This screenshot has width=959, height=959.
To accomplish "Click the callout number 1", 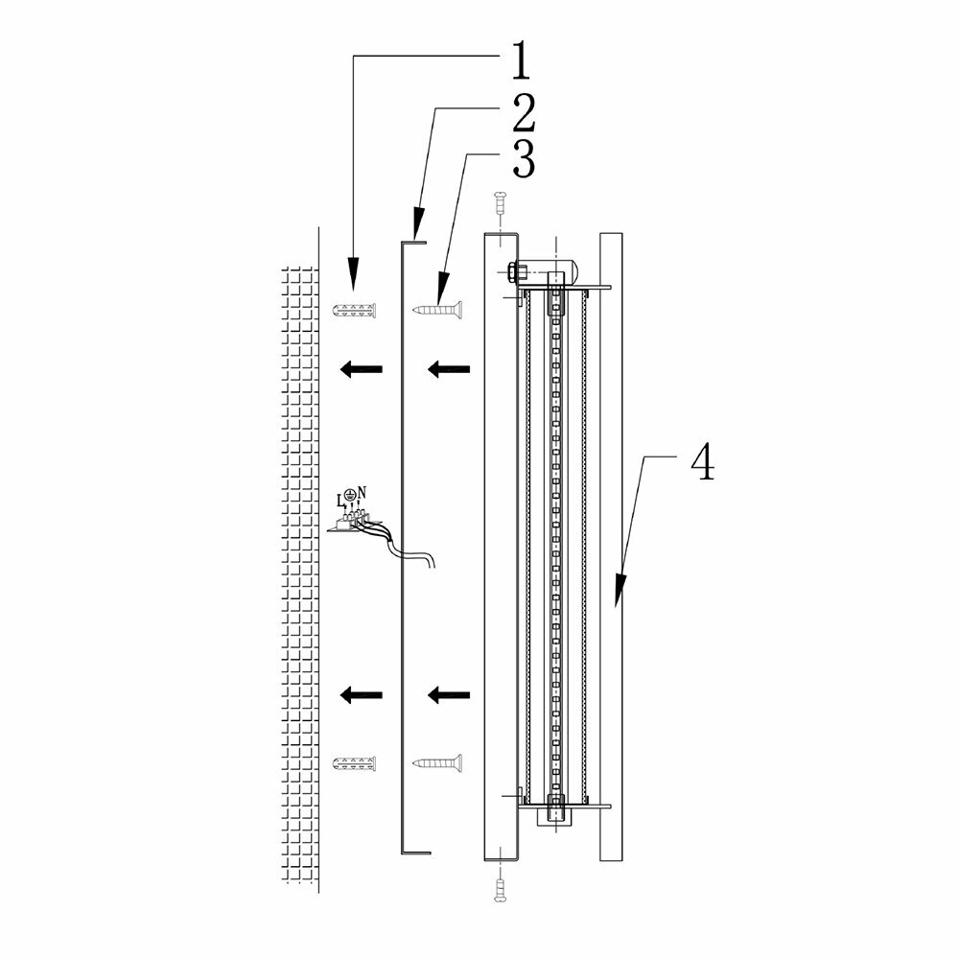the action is pos(517,61).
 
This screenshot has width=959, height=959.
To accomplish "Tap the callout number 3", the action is pos(522,160).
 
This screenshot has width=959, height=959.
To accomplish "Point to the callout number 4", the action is pos(702,462).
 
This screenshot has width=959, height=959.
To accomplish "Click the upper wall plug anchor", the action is pos(354,310).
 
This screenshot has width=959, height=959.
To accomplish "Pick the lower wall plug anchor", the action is pos(354,763).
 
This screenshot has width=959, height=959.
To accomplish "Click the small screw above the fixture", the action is pos(499,203).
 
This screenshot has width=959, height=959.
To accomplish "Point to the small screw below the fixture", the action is pos(499,890).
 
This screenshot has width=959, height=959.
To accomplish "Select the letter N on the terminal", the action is pos(362,492).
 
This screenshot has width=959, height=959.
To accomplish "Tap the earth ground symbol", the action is pos(351,493).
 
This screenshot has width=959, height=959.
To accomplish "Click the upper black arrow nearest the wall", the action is pos(362,367).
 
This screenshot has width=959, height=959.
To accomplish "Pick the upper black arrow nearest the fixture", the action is pos(448,367).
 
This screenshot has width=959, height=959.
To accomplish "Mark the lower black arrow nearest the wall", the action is pos(362,693).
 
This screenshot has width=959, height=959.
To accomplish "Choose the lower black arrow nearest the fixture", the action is pos(448,693).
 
